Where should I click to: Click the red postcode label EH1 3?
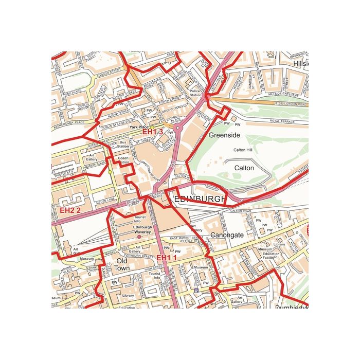[153, 132]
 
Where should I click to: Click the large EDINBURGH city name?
[200, 199]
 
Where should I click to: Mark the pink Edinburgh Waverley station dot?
[139, 237]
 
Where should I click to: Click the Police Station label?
[196, 93]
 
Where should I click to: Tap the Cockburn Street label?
[141, 255]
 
